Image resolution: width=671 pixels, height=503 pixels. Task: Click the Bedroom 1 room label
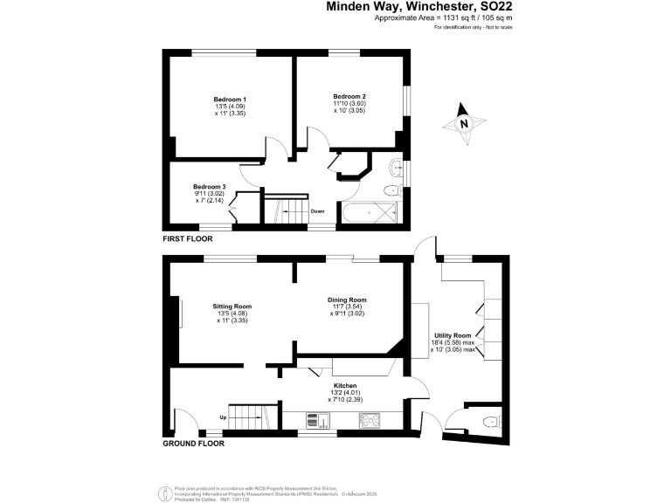tap(232, 100)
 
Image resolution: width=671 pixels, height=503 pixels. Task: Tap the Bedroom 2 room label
tap(349, 95)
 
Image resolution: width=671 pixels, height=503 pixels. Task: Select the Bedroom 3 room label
tap(210, 187)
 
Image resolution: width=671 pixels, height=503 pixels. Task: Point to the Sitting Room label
tap(232, 307)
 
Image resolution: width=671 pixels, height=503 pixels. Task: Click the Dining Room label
tap(347, 300)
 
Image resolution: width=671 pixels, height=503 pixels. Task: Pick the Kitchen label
tap(346, 385)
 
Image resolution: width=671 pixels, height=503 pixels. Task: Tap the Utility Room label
tap(453, 335)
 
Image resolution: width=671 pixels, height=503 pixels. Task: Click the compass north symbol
tap(464, 123)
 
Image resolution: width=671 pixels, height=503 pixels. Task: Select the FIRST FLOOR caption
tap(187, 238)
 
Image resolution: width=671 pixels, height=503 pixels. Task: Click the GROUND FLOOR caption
tap(193, 443)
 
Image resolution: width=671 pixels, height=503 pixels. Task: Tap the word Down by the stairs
tap(318, 210)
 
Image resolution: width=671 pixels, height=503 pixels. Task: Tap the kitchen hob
tap(369, 421)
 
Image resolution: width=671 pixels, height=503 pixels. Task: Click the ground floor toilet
tap(489, 422)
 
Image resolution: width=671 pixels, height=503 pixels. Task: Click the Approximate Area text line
tap(431, 18)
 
